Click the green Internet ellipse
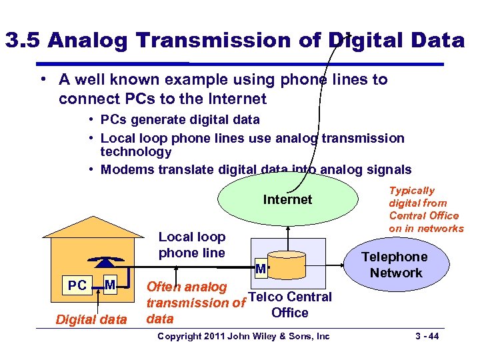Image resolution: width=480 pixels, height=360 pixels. pyautogui.click(x=287, y=199)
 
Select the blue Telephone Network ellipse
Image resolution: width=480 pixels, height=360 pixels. pyautogui.click(x=396, y=265)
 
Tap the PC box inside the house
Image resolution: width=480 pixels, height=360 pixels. pyautogui.click(x=77, y=286)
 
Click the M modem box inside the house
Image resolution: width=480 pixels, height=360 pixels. pyautogui.click(x=111, y=286)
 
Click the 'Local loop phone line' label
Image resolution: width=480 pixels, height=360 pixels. pyautogui.click(x=191, y=245)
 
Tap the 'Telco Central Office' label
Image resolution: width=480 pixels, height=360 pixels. pyautogui.click(x=290, y=305)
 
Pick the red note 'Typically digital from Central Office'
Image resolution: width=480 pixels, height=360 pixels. pyautogui.click(x=426, y=209)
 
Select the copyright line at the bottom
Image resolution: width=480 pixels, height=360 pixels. pyautogui.click(x=243, y=336)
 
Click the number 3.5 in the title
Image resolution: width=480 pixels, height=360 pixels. pyautogui.click(x=24, y=41)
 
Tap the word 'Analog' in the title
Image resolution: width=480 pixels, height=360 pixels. pyautogui.click(x=87, y=41)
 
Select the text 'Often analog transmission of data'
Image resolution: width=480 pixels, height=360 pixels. pyautogui.click(x=193, y=303)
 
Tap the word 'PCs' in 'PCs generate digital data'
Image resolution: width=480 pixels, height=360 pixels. pyautogui.click(x=112, y=120)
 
